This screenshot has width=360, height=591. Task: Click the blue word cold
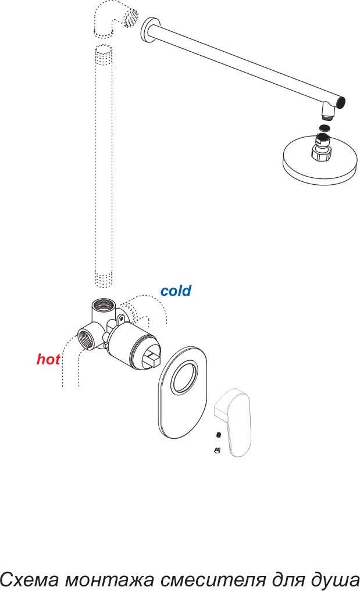(x=176, y=291)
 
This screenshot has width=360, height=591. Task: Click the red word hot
(x=48, y=359)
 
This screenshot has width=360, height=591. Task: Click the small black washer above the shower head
(x=324, y=127)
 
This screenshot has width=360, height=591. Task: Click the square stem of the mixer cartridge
(x=152, y=358)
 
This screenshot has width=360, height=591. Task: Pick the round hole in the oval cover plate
(x=184, y=377)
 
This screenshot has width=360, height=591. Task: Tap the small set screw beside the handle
(x=219, y=435)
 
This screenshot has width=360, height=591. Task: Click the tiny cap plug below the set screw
(x=217, y=450)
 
